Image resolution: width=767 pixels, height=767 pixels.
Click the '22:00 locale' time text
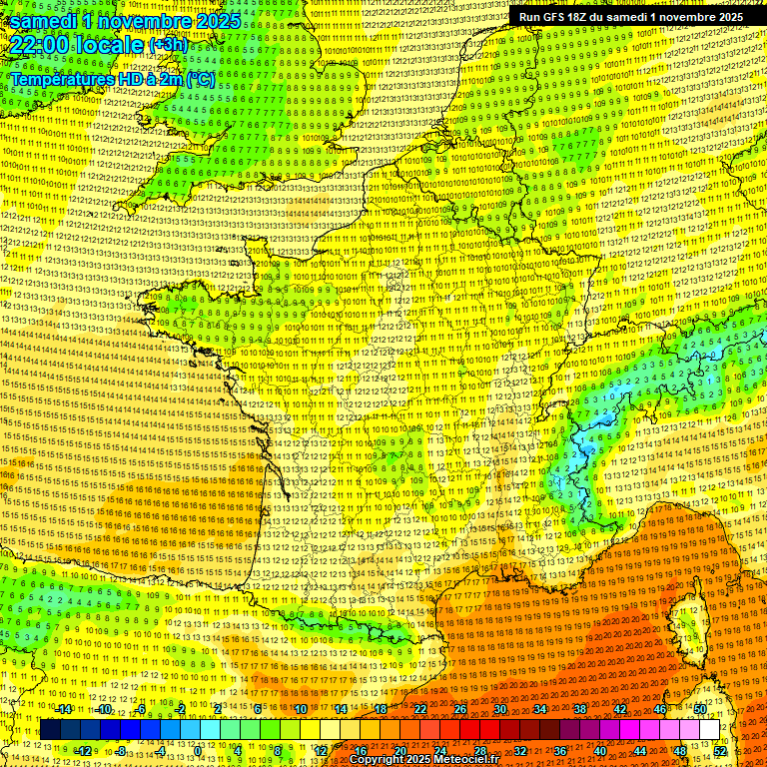click(77, 45)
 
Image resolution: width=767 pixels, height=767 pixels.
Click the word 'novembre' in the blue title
click(147, 20)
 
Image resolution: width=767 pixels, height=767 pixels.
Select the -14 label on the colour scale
click(64, 709)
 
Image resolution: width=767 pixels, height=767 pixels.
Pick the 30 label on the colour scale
click(499, 709)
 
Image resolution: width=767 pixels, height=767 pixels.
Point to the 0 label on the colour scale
click(199, 751)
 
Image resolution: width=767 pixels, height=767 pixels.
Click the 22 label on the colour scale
click(419, 709)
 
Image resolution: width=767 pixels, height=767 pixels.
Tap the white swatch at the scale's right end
click(709, 730)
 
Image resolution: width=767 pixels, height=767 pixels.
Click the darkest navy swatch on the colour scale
click(50, 730)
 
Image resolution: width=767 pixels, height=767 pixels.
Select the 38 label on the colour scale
click(580, 709)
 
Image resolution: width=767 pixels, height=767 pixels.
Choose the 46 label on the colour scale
click(660, 709)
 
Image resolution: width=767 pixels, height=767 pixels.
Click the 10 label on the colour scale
click(300, 709)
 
